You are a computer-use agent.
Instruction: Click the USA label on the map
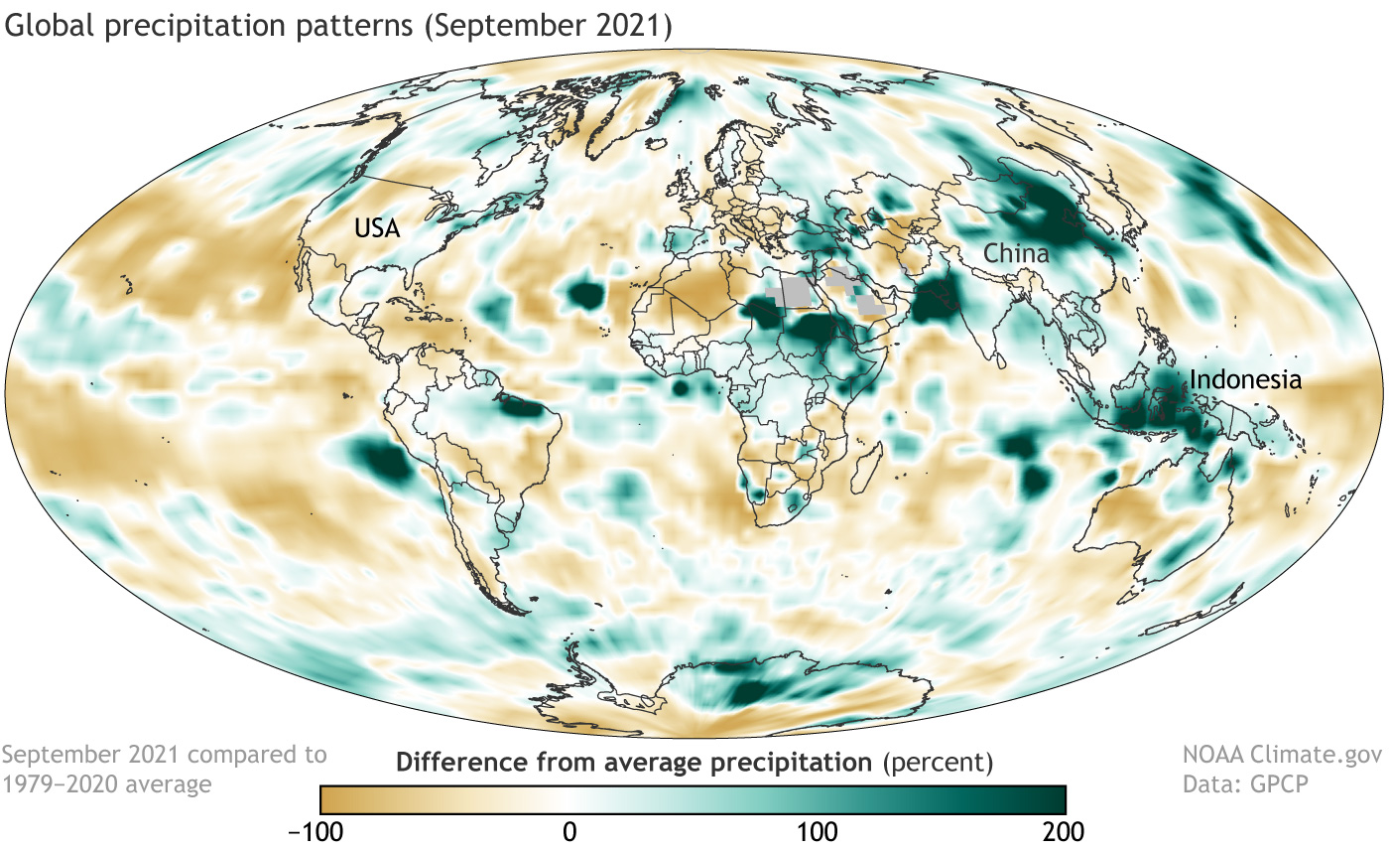(378, 230)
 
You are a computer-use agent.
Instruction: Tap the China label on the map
(1016, 254)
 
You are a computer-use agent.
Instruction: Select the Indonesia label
(1245, 379)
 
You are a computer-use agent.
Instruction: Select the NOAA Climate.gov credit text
(1284, 756)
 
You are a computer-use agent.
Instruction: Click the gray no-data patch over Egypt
(795, 291)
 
